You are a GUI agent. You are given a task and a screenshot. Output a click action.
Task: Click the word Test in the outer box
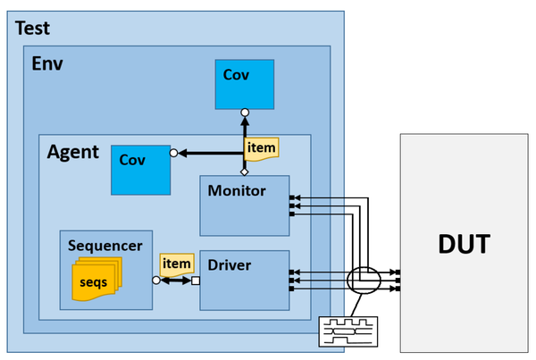point(32,28)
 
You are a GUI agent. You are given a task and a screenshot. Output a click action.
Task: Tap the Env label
point(47,63)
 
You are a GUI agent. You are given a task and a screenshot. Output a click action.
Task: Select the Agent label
point(73,152)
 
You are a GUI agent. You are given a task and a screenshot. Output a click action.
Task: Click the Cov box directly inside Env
point(245,85)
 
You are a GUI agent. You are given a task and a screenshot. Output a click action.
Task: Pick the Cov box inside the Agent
point(140,170)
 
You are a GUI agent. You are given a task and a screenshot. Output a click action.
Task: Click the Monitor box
point(245,205)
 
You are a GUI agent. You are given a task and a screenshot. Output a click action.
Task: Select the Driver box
point(245,280)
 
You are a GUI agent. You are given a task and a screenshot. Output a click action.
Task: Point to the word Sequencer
point(105,246)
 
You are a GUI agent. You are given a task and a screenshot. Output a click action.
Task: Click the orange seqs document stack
point(96,279)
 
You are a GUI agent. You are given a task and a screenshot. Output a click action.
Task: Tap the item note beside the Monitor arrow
point(262,149)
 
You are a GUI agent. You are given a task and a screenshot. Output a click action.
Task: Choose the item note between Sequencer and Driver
point(177,264)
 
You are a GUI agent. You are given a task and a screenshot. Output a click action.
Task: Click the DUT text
point(464,244)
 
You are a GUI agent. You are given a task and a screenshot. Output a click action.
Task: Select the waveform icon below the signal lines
point(348,331)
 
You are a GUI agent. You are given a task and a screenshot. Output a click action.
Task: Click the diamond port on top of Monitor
point(245,172)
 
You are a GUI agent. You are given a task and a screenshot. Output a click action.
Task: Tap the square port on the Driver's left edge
point(196,280)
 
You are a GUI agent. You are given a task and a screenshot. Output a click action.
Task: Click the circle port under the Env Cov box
point(245,113)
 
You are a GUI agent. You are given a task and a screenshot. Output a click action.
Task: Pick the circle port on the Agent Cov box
point(173,153)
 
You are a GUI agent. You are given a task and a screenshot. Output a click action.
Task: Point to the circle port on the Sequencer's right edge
point(156,280)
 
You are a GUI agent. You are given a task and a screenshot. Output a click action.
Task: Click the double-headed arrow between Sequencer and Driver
point(176,280)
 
